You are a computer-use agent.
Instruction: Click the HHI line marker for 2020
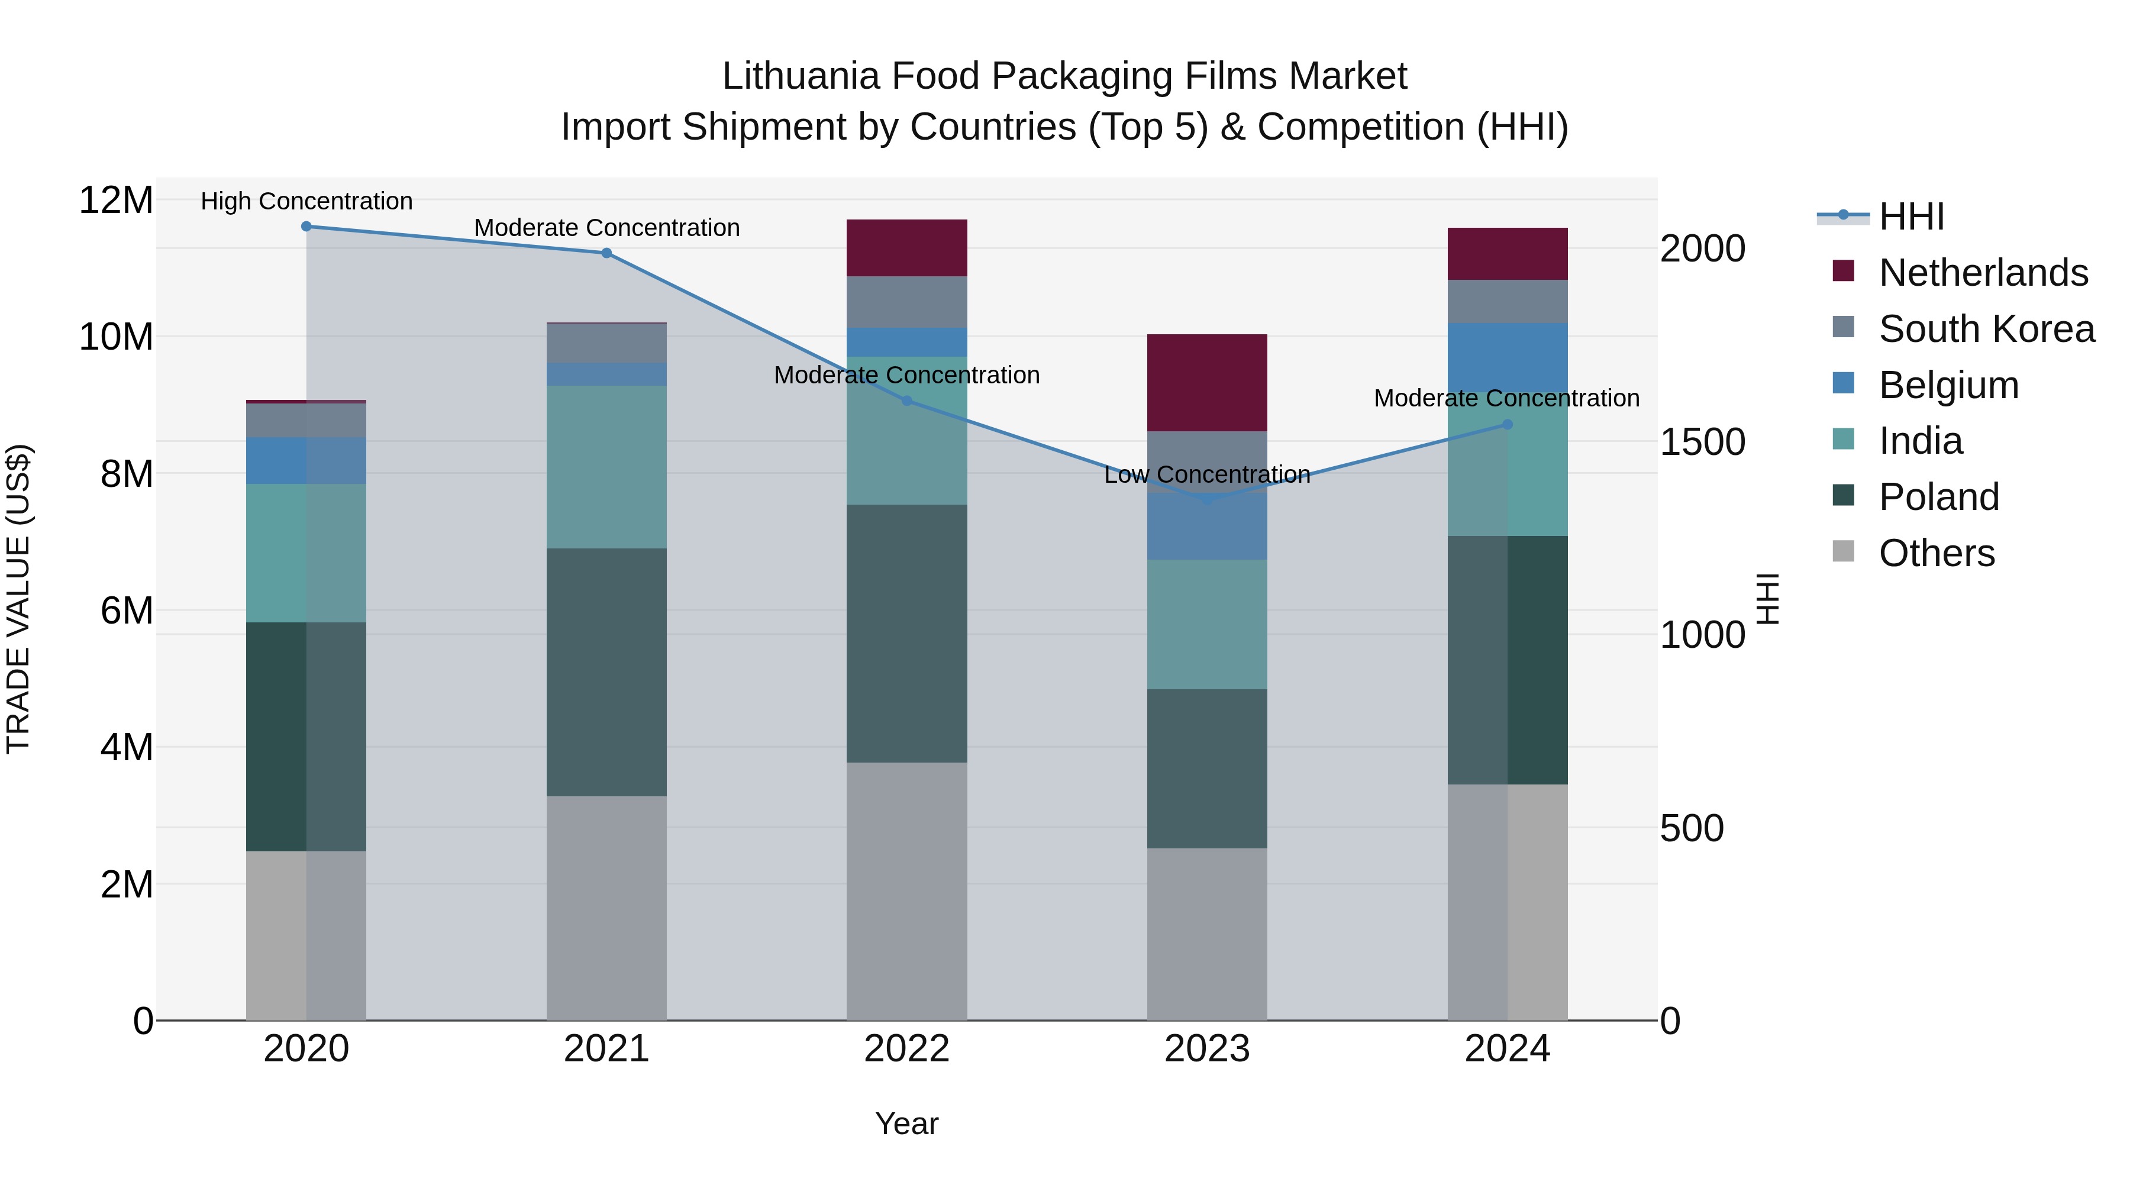[x=306, y=227]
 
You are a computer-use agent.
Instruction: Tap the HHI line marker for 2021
[x=606, y=253]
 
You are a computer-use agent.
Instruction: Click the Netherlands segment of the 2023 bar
[x=1206, y=383]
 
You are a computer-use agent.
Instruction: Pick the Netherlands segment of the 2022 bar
[x=906, y=248]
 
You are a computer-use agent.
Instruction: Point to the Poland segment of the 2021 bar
[x=606, y=672]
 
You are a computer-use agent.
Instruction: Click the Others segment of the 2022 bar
[x=906, y=892]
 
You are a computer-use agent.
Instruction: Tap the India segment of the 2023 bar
[x=1206, y=624]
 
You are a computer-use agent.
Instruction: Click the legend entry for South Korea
[x=1986, y=329]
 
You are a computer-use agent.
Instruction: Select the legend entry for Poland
[x=1938, y=497]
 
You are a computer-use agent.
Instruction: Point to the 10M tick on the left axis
[x=116, y=337]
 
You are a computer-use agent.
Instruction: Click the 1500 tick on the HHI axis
[x=1702, y=443]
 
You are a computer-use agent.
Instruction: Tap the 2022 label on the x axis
[x=906, y=1049]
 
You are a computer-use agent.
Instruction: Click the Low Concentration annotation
[x=1206, y=474]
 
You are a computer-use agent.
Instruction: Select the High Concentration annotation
[x=306, y=201]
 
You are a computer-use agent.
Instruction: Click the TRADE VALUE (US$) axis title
[x=18, y=599]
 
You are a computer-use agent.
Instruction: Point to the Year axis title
[x=906, y=1123]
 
